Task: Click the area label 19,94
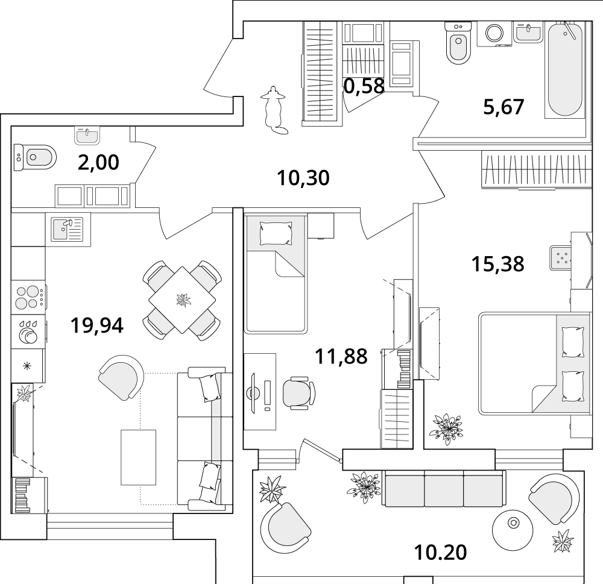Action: (97, 325)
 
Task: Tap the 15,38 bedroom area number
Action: (497, 264)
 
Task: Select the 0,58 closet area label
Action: (364, 86)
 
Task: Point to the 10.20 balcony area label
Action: (440, 553)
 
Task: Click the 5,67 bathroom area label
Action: (504, 107)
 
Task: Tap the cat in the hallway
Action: (274, 110)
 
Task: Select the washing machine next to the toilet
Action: (494, 34)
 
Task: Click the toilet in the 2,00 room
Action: (35, 157)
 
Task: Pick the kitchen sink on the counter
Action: (68, 230)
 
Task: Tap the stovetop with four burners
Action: (28, 298)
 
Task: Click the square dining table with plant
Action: (182, 301)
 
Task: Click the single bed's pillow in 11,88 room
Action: (276, 233)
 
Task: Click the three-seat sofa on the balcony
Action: (443, 488)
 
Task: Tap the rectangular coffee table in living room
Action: (139, 457)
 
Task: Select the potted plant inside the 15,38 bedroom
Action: (446, 429)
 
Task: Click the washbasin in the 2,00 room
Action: (87, 136)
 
